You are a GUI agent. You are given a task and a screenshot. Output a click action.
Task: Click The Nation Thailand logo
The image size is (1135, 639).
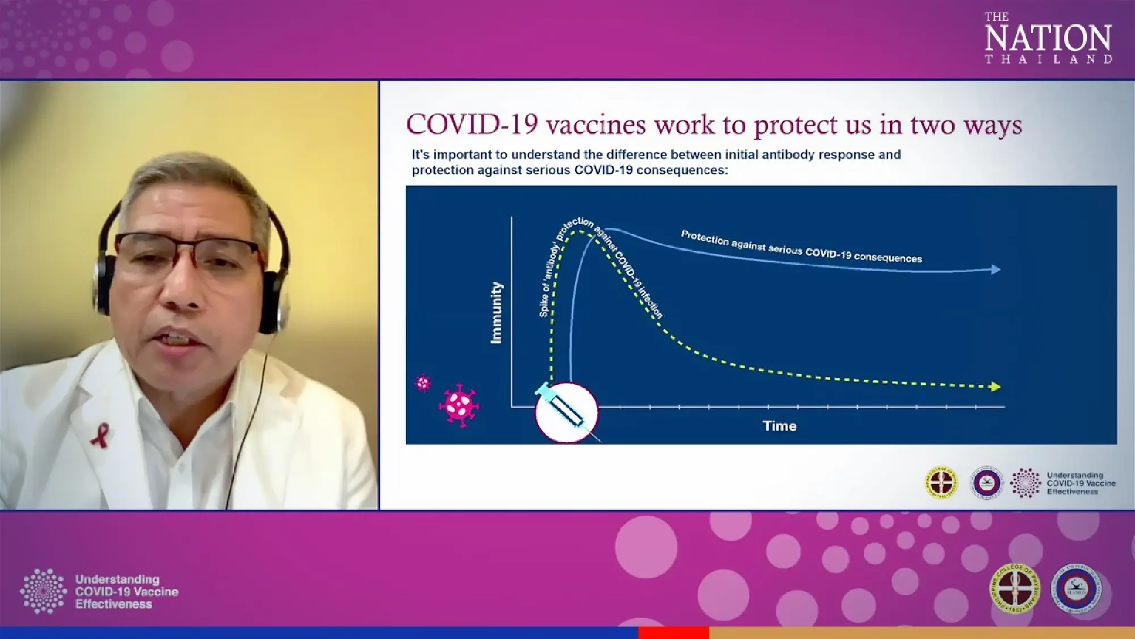pos(1048,38)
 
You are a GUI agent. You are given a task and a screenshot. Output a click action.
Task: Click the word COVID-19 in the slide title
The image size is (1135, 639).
pos(472,125)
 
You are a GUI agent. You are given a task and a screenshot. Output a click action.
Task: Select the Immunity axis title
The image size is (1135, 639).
pos(496,312)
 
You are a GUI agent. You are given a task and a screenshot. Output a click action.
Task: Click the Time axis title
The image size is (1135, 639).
pos(779,426)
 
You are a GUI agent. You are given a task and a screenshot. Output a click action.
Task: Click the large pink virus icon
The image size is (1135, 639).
pos(459,404)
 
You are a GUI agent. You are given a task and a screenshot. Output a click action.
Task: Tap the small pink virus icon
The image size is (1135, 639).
pos(423,383)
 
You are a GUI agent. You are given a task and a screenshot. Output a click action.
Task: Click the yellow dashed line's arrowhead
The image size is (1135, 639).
pos(995,387)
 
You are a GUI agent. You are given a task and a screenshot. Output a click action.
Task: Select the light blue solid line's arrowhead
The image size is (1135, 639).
pos(995,270)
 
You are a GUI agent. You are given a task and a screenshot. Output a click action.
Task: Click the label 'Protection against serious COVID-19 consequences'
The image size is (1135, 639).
pos(801,247)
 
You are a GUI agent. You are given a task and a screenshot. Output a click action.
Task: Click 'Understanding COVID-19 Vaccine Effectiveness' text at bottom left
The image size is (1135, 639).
pos(126,592)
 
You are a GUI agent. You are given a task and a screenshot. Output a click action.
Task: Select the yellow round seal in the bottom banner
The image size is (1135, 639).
pos(1015,589)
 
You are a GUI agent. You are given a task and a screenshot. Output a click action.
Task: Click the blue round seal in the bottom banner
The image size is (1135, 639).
pos(1076,589)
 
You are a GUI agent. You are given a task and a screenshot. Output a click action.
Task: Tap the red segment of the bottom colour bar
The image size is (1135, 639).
pos(673,633)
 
